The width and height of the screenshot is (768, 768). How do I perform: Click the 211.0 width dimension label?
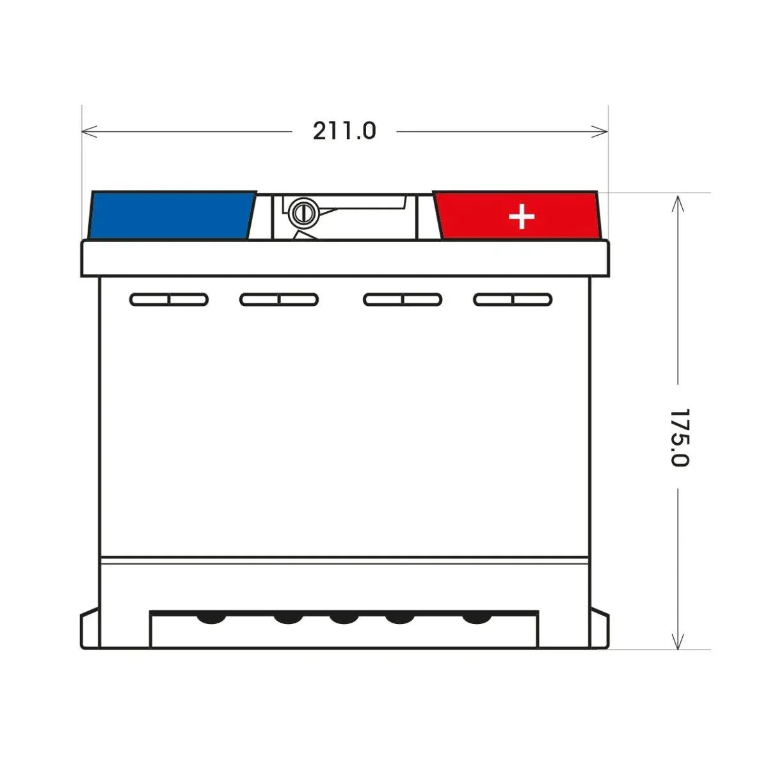(x=344, y=131)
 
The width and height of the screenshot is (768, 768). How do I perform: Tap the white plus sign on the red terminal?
(x=522, y=217)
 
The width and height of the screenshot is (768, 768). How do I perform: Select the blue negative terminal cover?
(x=172, y=215)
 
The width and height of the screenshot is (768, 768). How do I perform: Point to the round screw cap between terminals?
(x=302, y=212)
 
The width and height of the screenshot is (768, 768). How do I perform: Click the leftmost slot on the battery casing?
(x=169, y=299)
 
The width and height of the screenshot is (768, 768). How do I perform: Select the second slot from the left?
(x=279, y=299)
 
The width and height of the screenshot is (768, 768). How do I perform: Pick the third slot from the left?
(x=403, y=299)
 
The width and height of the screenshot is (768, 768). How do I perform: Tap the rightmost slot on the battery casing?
(x=513, y=299)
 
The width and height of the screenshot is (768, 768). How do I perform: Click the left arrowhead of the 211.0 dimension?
(x=86, y=131)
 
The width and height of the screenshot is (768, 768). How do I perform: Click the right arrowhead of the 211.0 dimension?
(x=604, y=131)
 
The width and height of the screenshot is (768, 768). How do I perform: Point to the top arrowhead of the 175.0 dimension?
(x=677, y=200)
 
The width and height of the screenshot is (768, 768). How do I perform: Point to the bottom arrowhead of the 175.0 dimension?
(x=677, y=645)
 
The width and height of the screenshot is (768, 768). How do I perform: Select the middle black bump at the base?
(x=344, y=618)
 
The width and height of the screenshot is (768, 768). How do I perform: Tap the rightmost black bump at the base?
(x=475, y=618)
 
